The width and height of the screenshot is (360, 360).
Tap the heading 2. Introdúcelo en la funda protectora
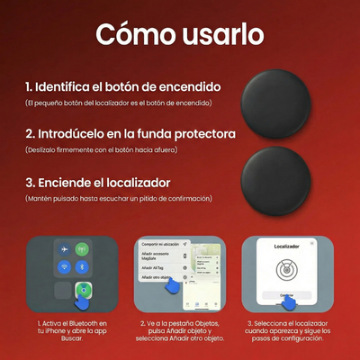pos(130,133)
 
